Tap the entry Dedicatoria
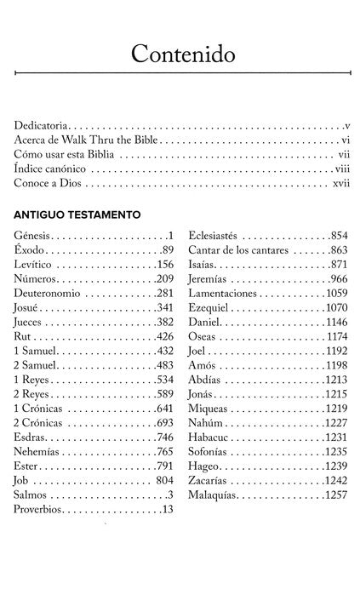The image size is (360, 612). (42, 124)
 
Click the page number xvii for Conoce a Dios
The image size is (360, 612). (340, 182)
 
